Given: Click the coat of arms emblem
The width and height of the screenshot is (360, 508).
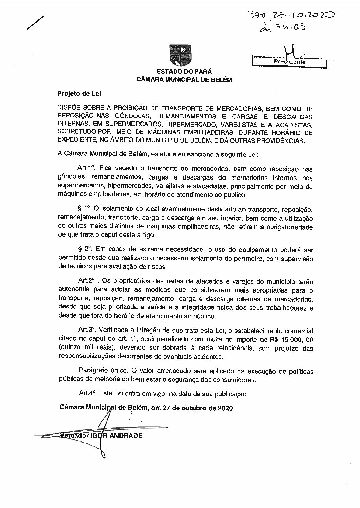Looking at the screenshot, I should pos(180,56).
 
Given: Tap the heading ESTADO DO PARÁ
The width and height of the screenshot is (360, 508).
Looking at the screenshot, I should pos(184,72).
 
